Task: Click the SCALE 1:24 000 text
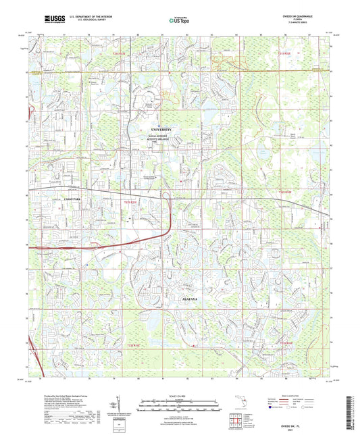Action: click(179, 394)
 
